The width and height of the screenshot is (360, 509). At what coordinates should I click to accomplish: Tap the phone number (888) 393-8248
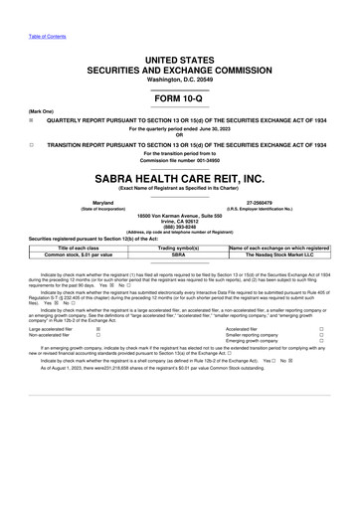point(179,225)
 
